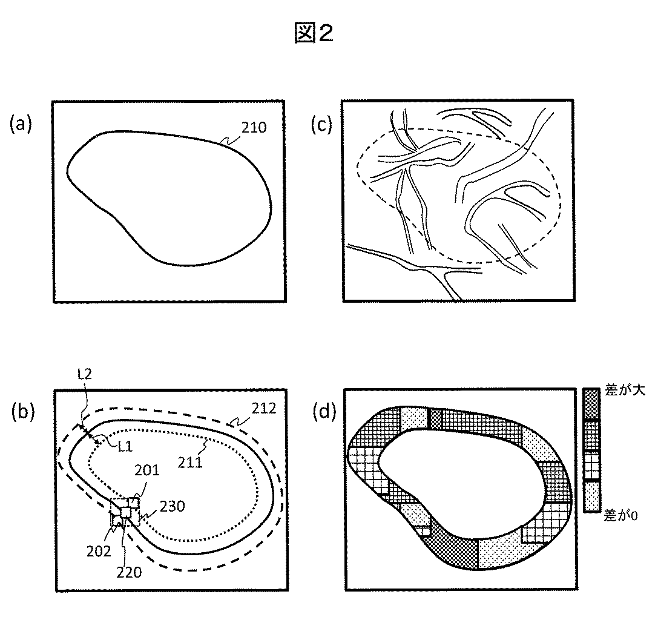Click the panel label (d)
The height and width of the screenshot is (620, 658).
pos(322,413)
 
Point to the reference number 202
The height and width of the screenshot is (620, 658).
pos(99,551)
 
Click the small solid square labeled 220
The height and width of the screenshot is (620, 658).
pos(126,512)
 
